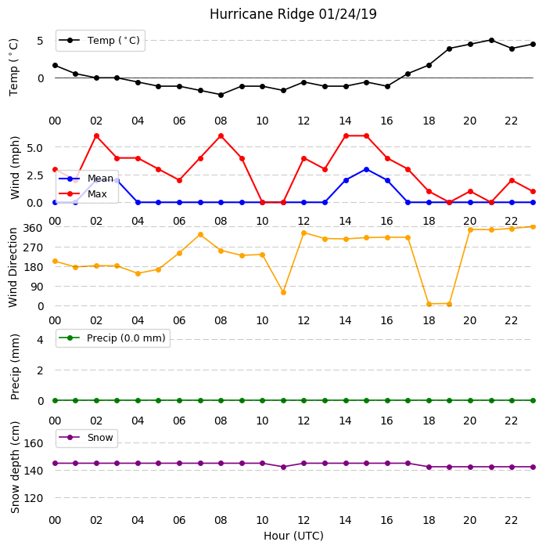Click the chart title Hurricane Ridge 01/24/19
click(293, 14)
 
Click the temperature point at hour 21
click(491, 40)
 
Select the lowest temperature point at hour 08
click(221, 95)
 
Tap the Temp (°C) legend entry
click(99, 41)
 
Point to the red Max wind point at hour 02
click(96, 135)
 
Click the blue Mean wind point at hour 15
click(367, 169)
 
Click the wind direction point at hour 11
click(283, 292)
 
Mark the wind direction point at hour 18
click(429, 304)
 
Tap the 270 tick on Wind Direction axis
click(33, 247)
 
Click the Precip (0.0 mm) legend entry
click(113, 338)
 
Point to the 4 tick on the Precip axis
click(41, 340)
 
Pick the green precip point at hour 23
click(533, 400)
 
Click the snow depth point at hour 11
click(283, 467)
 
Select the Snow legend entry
click(86, 438)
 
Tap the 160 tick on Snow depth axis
click(33, 443)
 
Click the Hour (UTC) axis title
click(293, 536)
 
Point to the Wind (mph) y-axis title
click(15, 168)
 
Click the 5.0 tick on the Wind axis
click(34, 148)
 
